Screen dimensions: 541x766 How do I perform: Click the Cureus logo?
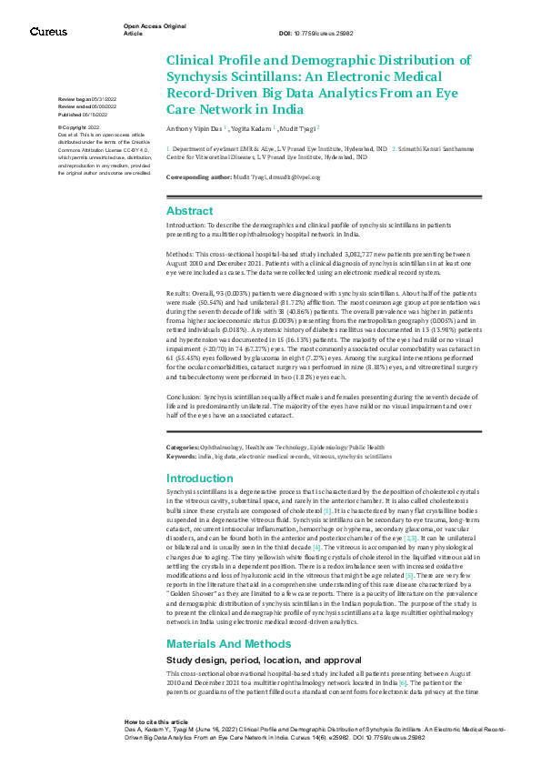47,32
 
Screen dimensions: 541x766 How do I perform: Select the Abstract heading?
189,210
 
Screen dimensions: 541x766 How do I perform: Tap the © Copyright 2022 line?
80,128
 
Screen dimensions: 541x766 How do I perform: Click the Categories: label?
182,448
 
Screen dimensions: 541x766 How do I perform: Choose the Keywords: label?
181,455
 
